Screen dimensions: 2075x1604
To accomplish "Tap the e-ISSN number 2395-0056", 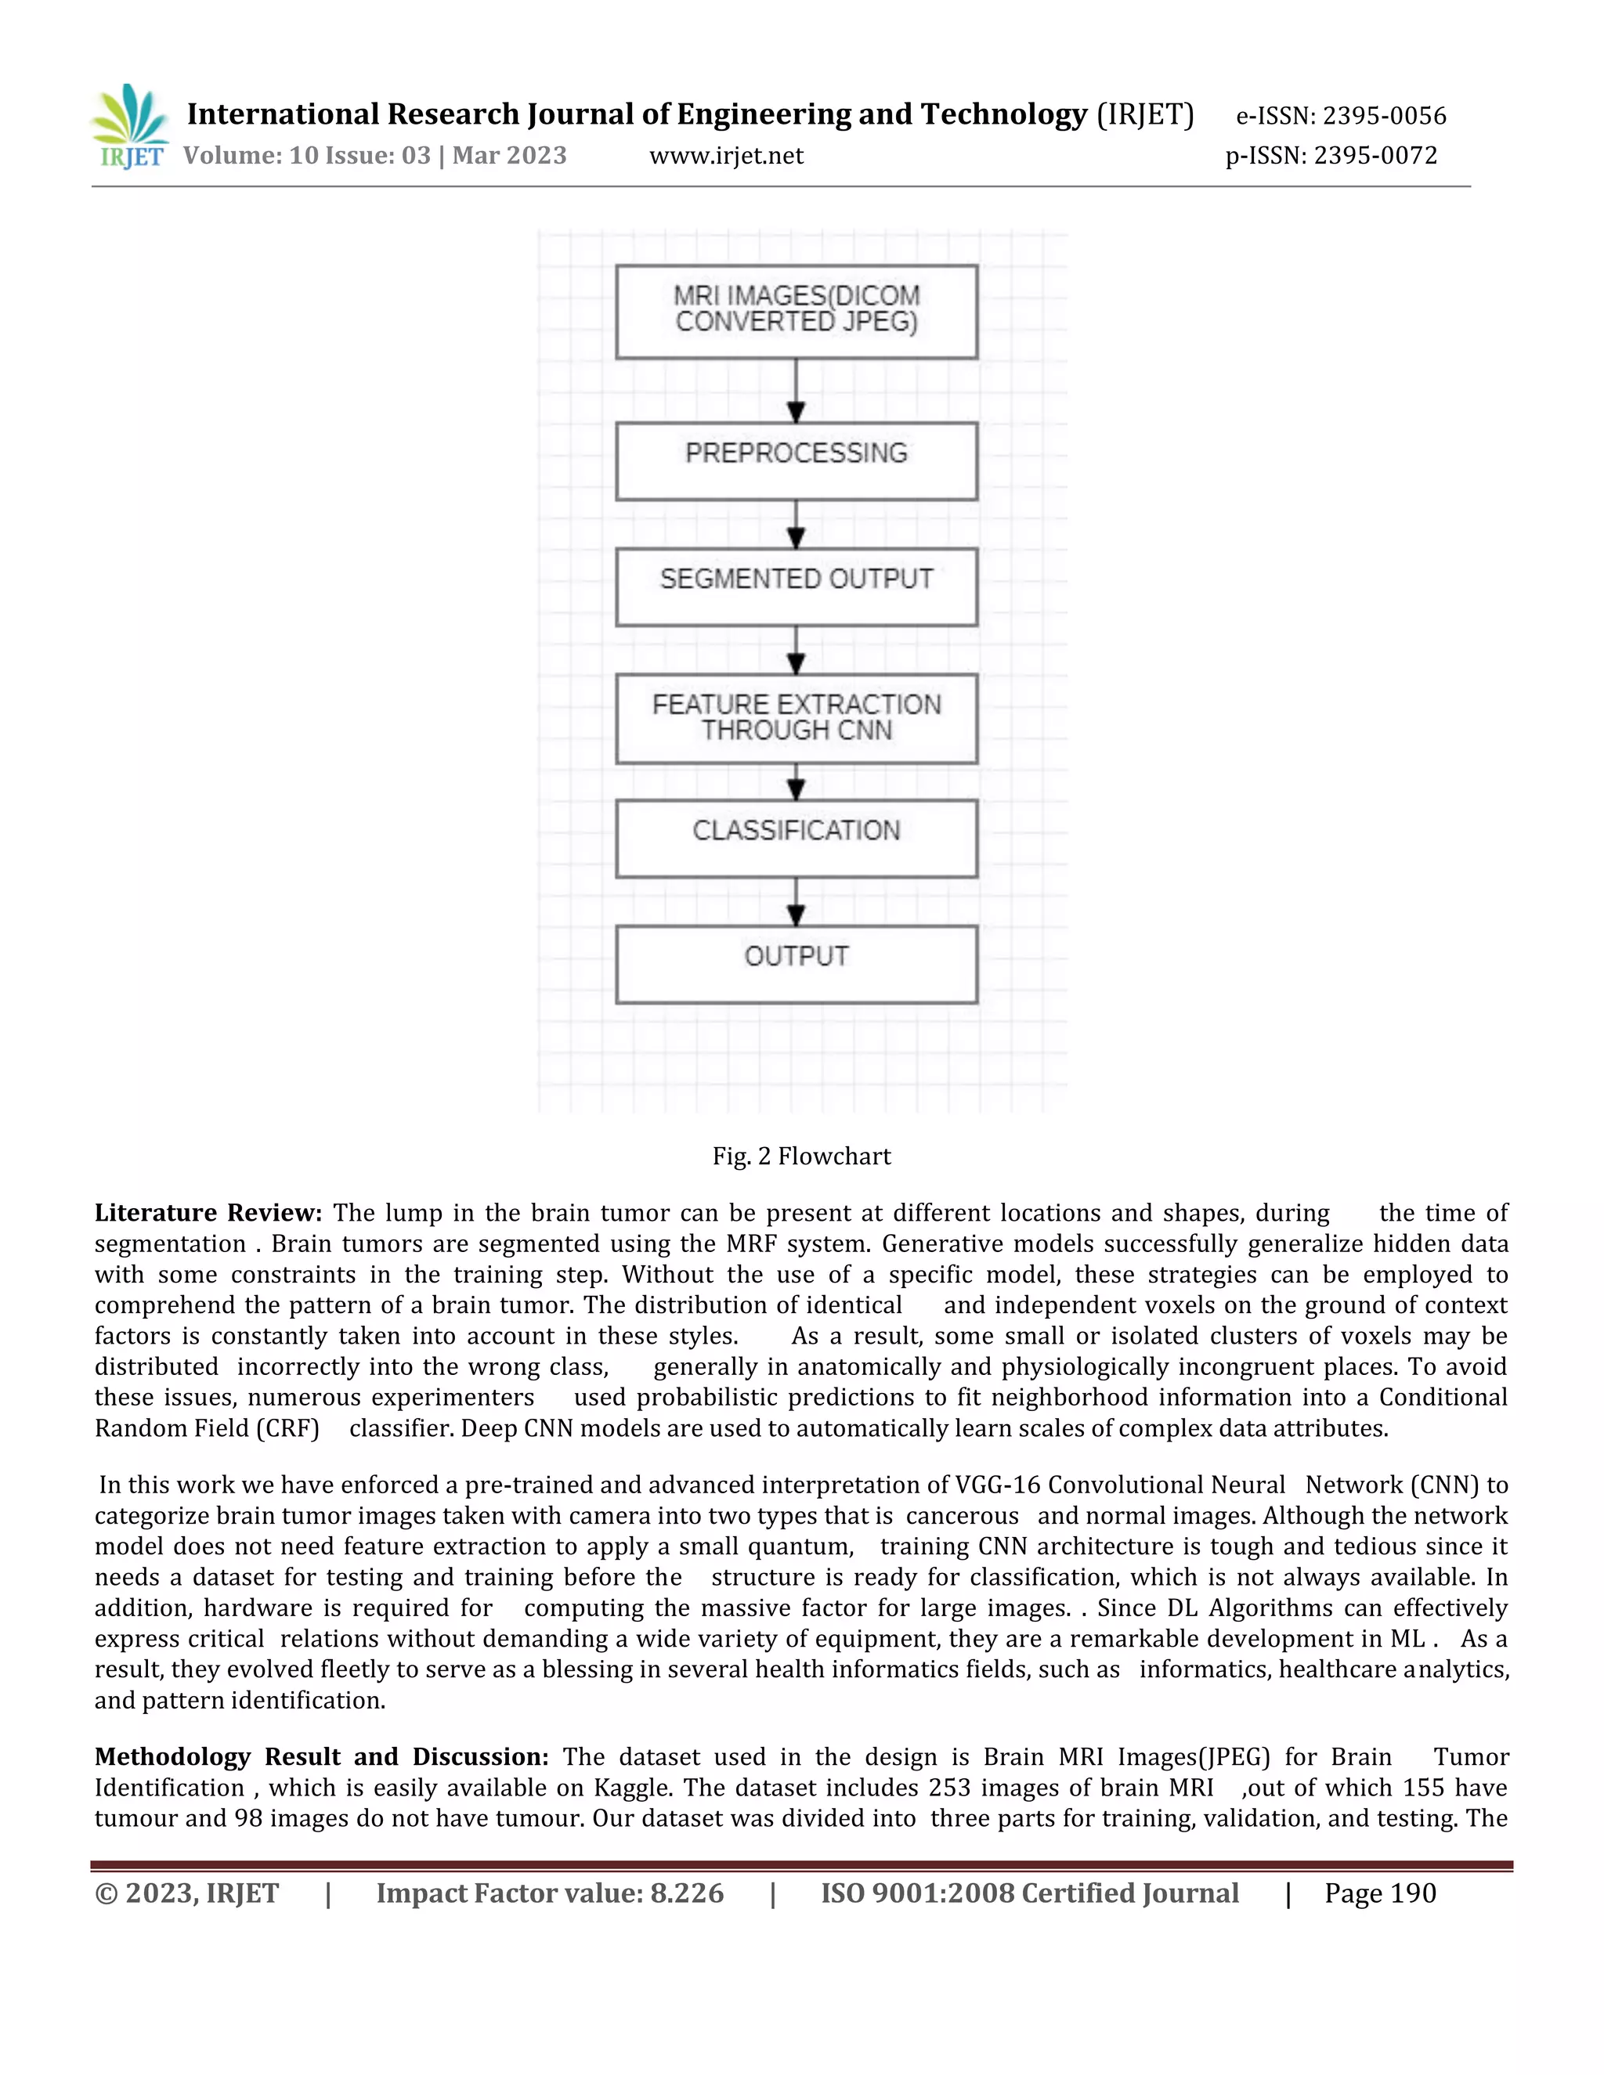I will tap(1385, 116).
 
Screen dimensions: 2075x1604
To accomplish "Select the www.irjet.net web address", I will tap(726, 156).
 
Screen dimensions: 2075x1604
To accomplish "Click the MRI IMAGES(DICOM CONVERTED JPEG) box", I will tap(797, 311).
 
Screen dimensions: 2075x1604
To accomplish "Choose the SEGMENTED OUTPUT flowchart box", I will tap(797, 586).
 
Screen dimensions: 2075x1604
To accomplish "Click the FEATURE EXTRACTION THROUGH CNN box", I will tap(797, 718).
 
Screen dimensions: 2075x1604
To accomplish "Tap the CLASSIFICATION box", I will tap(797, 838).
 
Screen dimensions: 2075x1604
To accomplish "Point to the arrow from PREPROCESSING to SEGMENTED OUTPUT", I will tap(797, 525).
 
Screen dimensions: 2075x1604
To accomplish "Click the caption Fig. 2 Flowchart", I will tap(801, 1157).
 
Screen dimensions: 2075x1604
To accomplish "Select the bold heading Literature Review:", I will tap(208, 1213).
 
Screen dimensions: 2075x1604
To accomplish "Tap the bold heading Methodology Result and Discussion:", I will tap(321, 1757).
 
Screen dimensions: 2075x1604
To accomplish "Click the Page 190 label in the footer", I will tap(1380, 1893).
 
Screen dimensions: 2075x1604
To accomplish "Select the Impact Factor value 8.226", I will tap(686, 1893).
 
